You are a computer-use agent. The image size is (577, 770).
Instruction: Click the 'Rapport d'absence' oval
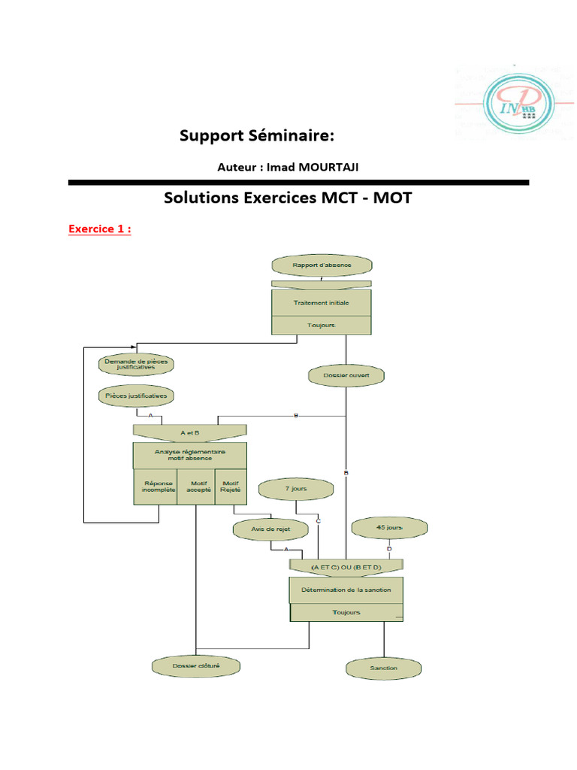click(x=322, y=265)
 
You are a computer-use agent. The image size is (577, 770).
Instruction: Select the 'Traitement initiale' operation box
click(x=321, y=303)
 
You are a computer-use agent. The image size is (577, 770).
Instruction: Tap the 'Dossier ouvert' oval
click(x=346, y=374)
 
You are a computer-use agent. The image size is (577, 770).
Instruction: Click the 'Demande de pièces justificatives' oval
click(x=136, y=364)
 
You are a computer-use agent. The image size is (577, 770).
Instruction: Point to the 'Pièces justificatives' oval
click(x=136, y=395)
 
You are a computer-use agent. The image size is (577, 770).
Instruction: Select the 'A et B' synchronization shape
click(x=189, y=432)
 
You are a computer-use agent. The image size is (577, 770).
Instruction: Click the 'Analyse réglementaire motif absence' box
click(x=189, y=454)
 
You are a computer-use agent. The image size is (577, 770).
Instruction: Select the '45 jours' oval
click(x=389, y=528)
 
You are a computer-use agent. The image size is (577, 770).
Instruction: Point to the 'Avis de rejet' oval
click(x=270, y=529)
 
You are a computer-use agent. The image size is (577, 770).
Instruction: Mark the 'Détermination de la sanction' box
click(x=346, y=590)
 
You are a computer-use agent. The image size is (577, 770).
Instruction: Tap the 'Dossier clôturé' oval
click(x=196, y=665)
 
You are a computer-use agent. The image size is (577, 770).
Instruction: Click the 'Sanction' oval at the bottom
click(x=384, y=668)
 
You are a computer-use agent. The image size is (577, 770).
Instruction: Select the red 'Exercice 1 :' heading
click(x=100, y=229)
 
